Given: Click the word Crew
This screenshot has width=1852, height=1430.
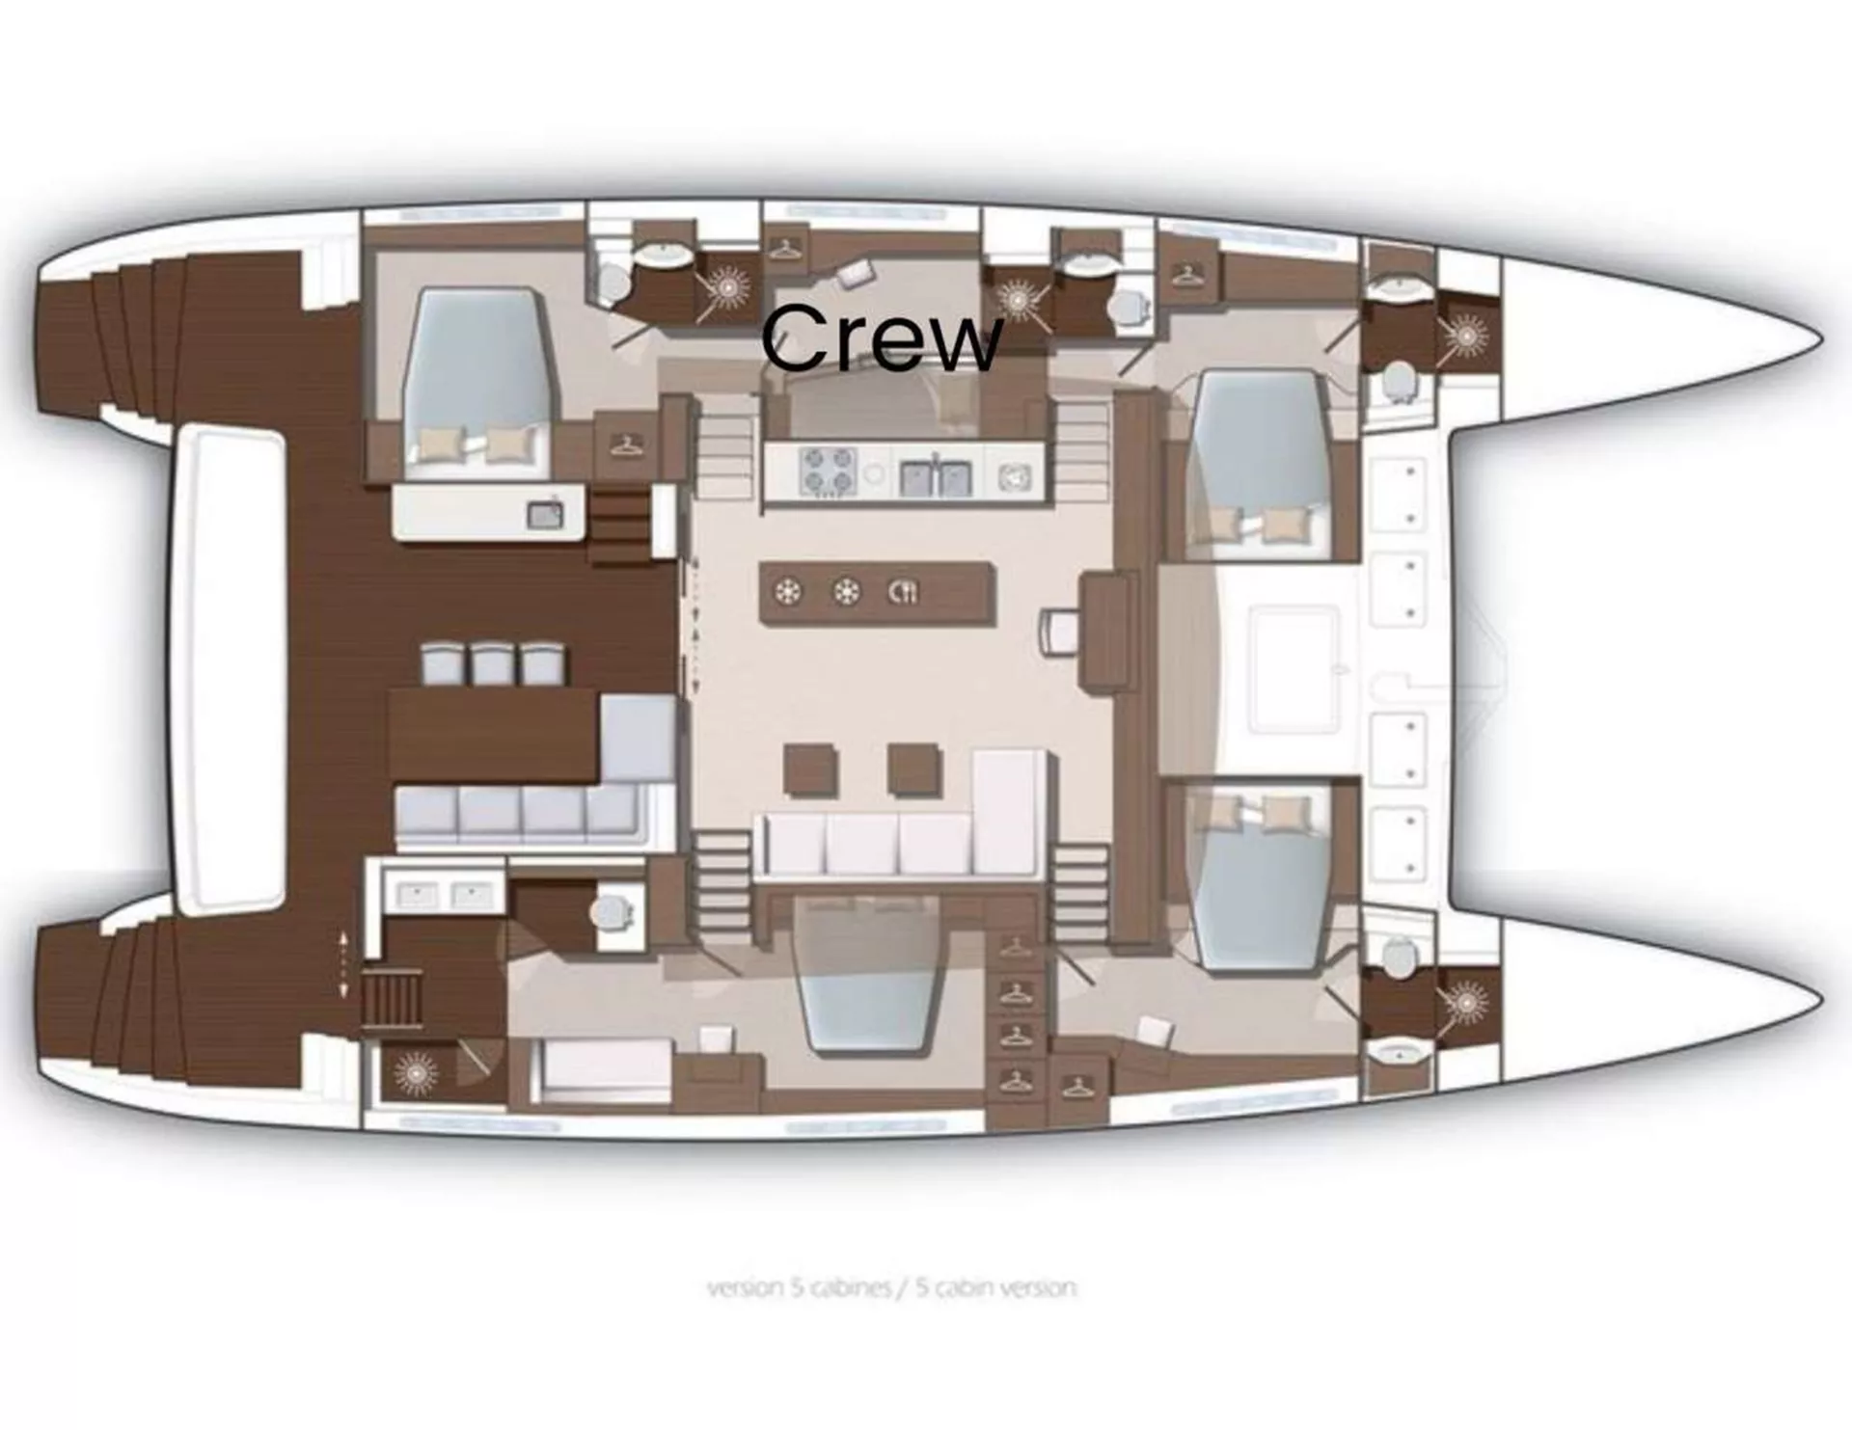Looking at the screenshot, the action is (882, 337).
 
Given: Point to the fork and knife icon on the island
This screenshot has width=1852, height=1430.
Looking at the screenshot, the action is (903, 592).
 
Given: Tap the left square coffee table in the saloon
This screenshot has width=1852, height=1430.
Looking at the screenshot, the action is (811, 769).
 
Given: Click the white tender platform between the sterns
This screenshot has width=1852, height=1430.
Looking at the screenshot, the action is (231, 670).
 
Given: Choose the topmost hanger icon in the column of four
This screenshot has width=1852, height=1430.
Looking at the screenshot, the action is (1015, 947).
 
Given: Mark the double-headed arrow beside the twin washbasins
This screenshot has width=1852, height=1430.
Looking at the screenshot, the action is (344, 965).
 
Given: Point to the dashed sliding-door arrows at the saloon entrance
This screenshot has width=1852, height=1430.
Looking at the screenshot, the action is (692, 626).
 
